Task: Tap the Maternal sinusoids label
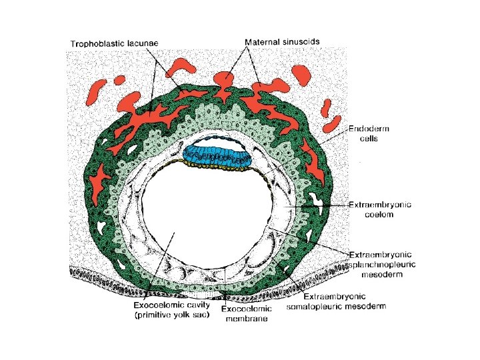point(282,41)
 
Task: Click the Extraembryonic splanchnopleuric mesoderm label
point(382,263)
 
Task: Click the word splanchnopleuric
point(382,263)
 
